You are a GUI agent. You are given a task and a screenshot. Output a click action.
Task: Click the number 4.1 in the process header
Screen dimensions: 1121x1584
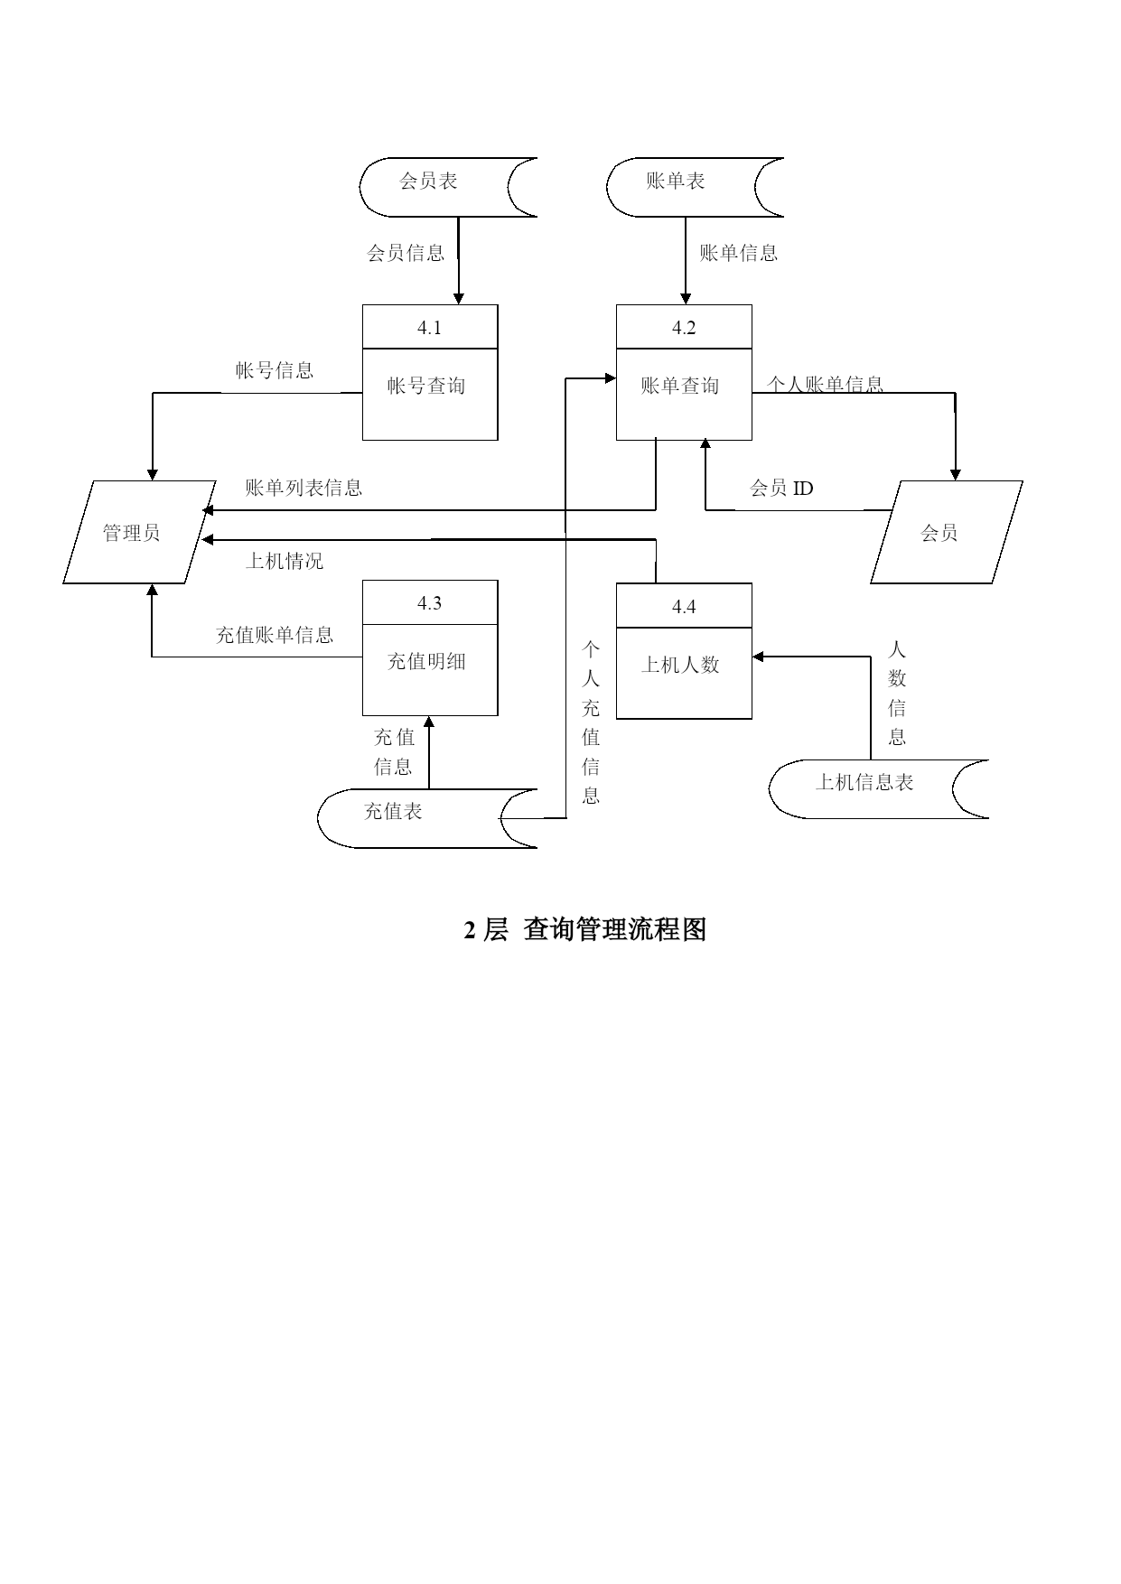tap(429, 328)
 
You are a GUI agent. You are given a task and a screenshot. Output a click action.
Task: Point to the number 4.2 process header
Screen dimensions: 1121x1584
tap(684, 328)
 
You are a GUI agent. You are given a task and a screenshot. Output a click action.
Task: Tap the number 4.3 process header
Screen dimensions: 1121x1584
tap(429, 603)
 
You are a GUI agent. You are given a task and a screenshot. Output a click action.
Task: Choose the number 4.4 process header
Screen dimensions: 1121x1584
tap(684, 607)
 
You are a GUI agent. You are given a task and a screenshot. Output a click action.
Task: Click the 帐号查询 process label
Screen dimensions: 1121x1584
tap(426, 386)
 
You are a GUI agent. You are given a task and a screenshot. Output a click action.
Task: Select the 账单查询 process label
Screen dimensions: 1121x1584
tap(680, 386)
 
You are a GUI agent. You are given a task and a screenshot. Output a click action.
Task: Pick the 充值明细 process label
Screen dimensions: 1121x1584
tap(426, 661)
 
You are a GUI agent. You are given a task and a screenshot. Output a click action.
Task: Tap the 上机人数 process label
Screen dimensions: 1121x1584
tap(680, 665)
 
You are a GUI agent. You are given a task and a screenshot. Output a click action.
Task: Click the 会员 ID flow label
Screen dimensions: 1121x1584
tap(781, 489)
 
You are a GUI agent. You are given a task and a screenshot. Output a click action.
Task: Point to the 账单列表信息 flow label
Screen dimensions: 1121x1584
tap(304, 489)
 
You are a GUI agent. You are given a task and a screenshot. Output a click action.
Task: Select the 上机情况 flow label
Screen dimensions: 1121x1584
tap(285, 562)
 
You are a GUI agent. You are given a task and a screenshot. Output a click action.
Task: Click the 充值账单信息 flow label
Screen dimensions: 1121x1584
tap(275, 635)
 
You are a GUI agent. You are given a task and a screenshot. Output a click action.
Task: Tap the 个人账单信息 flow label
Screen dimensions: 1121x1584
tap(825, 385)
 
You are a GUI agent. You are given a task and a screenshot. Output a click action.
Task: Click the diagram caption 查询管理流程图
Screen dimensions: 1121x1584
tap(615, 929)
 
